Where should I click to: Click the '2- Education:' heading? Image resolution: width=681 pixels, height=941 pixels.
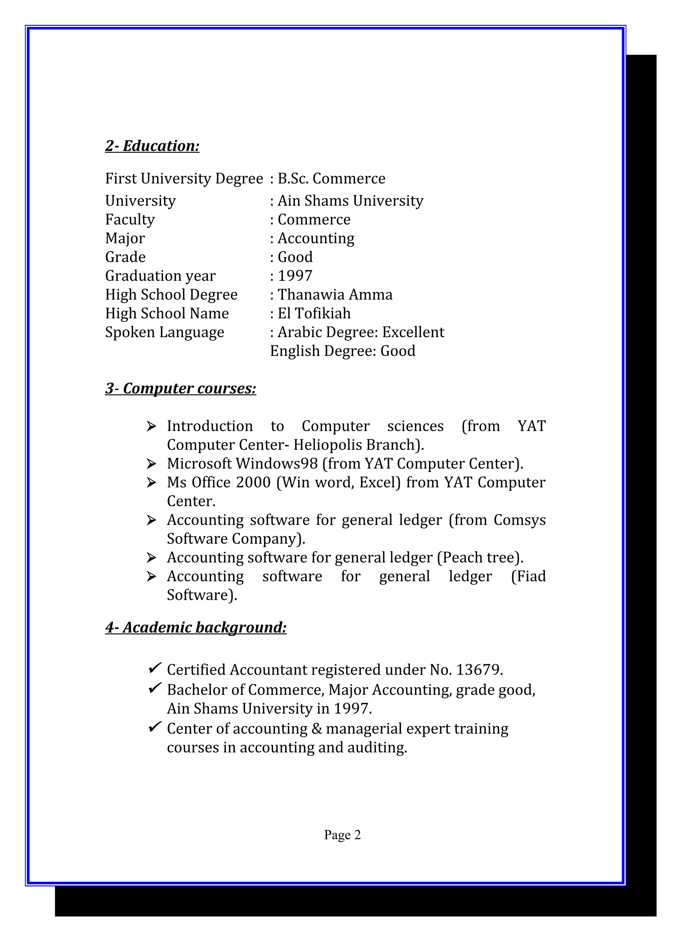[x=152, y=146]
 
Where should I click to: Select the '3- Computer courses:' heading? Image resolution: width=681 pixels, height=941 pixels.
[x=181, y=389]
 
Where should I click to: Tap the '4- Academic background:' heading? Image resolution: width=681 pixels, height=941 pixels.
[x=196, y=627]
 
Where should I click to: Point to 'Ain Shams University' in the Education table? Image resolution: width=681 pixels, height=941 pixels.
[x=350, y=201]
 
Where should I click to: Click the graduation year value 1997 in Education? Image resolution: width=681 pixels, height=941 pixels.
[x=295, y=276]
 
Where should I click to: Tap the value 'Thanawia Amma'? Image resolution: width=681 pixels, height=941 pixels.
[x=335, y=295]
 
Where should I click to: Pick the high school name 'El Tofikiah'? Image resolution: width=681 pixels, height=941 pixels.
[x=314, y=314]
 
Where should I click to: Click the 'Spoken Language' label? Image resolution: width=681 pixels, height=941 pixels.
[x=164, y=332]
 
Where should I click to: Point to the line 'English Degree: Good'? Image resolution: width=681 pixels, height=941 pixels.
[x=342, y=351]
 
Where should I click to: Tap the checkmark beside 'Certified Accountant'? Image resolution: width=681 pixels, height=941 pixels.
[x=155, y=668]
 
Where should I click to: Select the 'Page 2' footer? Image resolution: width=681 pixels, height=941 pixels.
[x=342, y=835]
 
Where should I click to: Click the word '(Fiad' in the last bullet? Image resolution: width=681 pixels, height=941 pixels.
[x=528, y=576]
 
